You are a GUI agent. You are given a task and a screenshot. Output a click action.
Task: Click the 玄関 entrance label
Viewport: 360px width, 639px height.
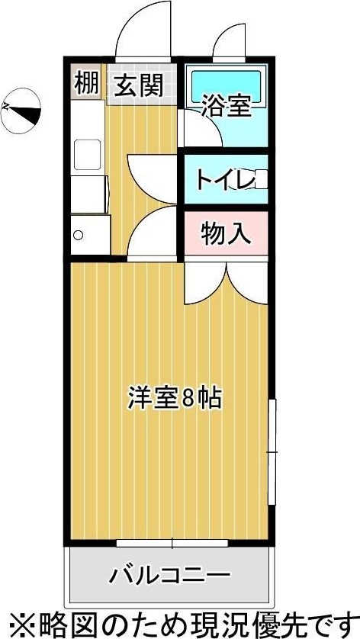tap(139, 85)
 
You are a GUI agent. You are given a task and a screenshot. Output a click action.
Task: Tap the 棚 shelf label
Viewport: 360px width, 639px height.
tap(87, 84)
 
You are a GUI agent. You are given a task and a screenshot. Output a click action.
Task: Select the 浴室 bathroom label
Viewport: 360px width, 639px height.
tap(227, 107)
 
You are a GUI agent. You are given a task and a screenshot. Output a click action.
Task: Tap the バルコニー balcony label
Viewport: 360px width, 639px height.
tap(169, 573)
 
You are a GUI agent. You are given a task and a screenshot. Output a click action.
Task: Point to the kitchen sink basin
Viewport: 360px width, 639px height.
tap(86, 155)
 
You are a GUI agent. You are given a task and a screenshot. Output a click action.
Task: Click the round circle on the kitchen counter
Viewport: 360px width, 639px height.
tap(78, 236)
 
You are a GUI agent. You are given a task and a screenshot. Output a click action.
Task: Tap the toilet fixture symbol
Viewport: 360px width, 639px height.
tap(259, 181)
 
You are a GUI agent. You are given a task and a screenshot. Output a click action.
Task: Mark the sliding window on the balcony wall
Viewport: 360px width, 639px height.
tap(172, 543)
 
